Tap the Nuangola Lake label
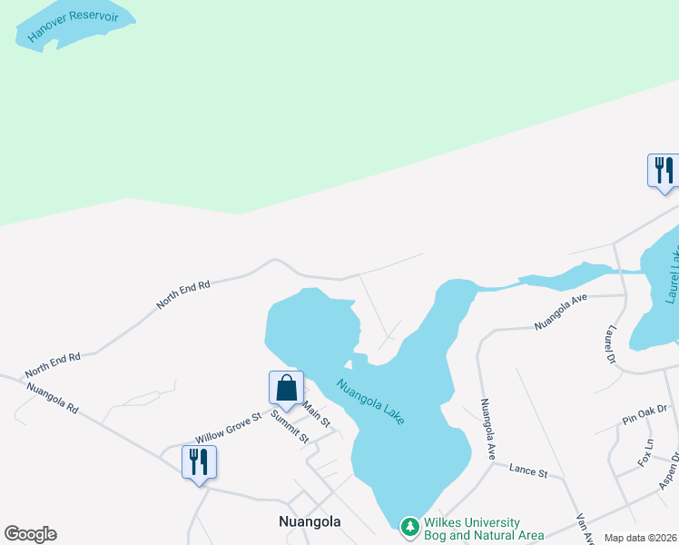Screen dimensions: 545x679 (370, 401)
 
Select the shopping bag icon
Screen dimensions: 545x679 (286, 388)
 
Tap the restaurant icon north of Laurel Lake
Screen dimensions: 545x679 (664, 170)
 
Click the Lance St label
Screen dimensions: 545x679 (528, 472)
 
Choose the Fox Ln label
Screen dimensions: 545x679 (646, 451)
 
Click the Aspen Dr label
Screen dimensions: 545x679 (670, 470)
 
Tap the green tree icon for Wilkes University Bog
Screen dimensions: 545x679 (410, 526)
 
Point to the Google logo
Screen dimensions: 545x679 (30, 534)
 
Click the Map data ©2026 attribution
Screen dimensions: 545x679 (639, 538)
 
